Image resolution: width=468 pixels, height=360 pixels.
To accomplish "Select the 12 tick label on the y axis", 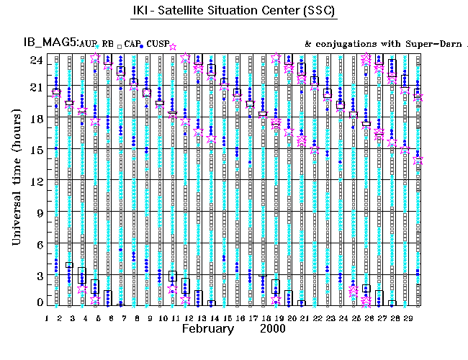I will click(35, 180).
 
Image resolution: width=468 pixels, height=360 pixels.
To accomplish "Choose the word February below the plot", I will click(207, 329).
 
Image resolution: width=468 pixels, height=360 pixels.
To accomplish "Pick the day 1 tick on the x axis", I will click(47, 318).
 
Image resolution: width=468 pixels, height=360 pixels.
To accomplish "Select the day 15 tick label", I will click(226, 318).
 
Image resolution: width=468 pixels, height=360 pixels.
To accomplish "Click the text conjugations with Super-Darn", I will click(385, 45).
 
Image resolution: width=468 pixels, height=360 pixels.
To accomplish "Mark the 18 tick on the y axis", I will click(35, 119).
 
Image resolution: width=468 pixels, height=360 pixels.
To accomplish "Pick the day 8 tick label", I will click(137, 318).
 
